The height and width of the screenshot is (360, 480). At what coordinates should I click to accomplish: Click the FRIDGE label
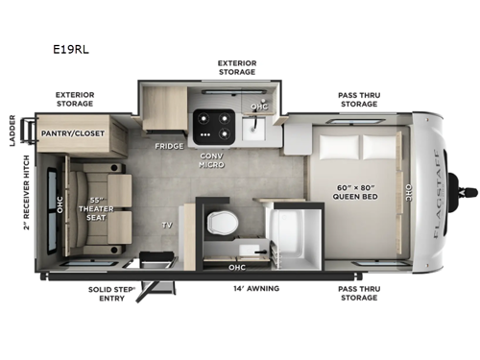tap(169, 147)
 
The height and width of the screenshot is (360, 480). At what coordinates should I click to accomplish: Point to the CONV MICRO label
tap(211, 159)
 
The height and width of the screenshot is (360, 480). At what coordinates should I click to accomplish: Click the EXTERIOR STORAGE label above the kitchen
tap(236, 66)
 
